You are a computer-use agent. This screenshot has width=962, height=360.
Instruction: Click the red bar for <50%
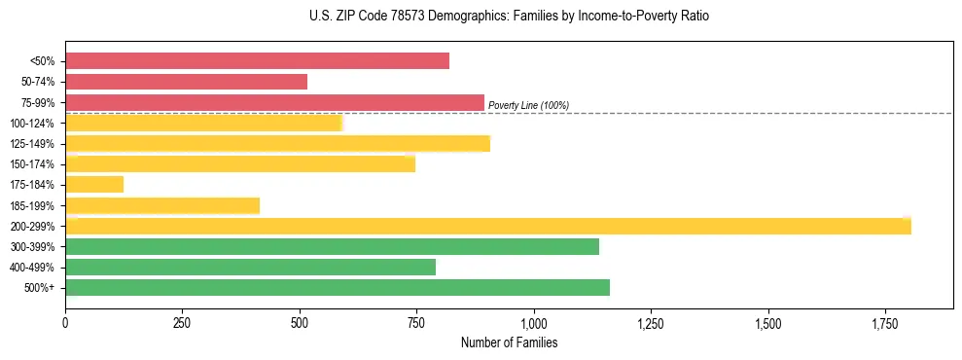click(257, 61)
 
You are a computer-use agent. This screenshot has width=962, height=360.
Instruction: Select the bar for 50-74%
click(186, 82)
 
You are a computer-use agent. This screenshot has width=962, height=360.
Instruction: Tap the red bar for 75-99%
click(274, 102)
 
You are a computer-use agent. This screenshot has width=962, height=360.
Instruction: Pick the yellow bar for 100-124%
click(203, 123)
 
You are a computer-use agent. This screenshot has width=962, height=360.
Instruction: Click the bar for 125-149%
click(277, 144)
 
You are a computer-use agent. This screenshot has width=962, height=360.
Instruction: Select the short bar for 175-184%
click(94, 184)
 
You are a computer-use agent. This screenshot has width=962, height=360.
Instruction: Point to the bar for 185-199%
click(162, 205)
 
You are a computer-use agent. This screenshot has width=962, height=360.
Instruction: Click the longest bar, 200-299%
click(487, 226)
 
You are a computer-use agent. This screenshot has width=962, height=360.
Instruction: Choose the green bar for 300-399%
click(332, 246)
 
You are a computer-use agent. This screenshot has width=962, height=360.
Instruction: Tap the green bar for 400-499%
click(250, 267)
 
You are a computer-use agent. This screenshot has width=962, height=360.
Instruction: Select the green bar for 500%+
click(337, 287)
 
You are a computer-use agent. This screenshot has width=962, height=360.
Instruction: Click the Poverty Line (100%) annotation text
click(528, 105)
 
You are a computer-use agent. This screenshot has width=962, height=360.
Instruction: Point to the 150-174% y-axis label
click(32, 164)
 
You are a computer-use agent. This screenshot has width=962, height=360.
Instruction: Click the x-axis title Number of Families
click(509, 342)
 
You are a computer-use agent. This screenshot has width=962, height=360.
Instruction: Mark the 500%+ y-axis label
click(40, 288)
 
